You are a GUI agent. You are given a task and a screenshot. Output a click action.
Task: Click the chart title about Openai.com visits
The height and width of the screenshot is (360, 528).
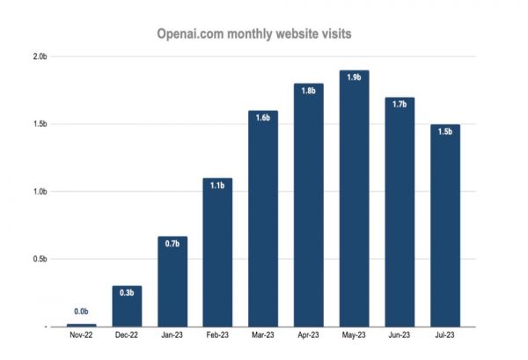coord(255,33)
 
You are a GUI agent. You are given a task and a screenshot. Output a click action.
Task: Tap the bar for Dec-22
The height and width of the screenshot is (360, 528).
coord(127,305)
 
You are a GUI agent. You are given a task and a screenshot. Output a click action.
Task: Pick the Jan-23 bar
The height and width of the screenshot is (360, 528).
coord(172,282)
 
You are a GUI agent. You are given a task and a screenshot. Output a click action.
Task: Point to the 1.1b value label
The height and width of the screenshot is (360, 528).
coord(217,186)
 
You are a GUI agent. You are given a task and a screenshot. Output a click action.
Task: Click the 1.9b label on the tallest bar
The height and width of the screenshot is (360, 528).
coord(355,77)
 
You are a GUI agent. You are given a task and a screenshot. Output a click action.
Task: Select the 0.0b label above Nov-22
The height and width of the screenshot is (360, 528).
coord(81,312)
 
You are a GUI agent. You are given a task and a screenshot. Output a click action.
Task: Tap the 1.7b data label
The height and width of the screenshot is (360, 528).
coord(400,105)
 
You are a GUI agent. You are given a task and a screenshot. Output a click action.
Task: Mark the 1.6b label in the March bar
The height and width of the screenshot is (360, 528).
coord(263,118)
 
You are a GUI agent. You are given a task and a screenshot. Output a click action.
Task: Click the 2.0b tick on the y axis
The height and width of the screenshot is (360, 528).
coord(40,57)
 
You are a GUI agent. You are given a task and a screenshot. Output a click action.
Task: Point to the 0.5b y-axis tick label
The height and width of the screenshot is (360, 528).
coord(40,259)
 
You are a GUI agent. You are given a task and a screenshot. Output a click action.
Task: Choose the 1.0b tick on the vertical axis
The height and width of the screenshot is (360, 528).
coord(40,192)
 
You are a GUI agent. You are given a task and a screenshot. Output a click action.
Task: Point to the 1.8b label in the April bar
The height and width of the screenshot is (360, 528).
coord(309,92)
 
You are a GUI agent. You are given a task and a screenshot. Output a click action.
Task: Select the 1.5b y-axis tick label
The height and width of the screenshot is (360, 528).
coord(40,125)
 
